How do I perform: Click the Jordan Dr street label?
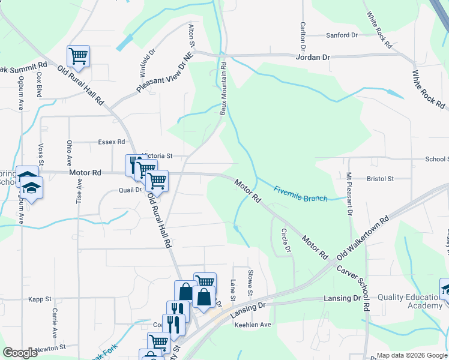(313, 57)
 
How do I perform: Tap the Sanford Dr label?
(342, 35)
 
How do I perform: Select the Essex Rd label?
(111, 142)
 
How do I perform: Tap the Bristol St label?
(379, 179)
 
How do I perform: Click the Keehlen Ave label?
(252, 325)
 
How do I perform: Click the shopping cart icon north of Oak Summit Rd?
(78, 56)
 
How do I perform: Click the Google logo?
(20, 353)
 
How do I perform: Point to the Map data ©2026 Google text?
(411, 355)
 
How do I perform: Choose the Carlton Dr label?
(303, 37)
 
